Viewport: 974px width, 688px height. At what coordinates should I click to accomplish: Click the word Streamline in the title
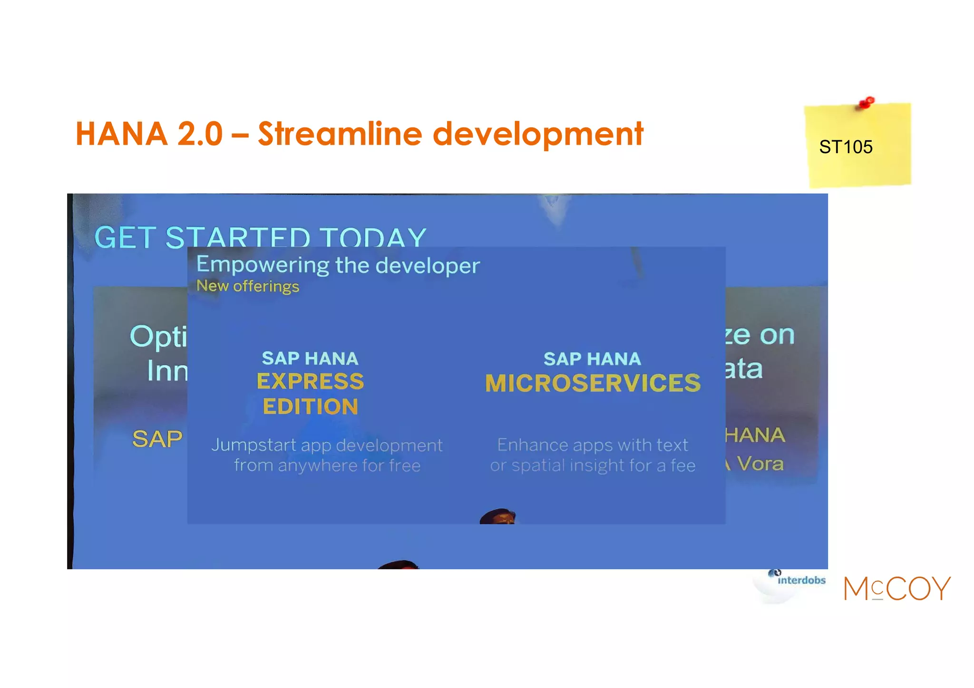pyautogui.click(x=340, y=134)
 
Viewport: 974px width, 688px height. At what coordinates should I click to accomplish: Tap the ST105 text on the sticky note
pyautogui.click(x=845, y=147)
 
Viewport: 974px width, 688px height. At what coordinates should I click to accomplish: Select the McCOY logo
pyautogui.click(x=896, y=589)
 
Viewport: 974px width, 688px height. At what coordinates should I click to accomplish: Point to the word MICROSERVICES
pyautogui.click(x=593, y=383)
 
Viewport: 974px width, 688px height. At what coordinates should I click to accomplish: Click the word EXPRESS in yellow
pyautogui.click(x=310, y=381)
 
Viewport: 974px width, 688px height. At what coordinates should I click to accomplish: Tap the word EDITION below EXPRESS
pyautogui.click(x=310, y=407)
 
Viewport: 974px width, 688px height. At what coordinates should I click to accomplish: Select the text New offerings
pyautogui.click(x=247, y=286)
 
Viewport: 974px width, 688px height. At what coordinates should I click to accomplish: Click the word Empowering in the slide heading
pyautogui.click(x=262, y=265)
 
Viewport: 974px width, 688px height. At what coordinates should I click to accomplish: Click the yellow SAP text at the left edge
pyautogui.click(x=157, y=438)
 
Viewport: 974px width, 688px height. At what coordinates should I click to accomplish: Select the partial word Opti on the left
pyautogui.click(x=158, y=337)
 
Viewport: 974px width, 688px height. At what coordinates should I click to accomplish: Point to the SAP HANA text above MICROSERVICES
pyautogui.click(x=592, y=359)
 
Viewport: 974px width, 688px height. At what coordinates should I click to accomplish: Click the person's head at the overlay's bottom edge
pyautogui.click(x=498, y=516)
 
